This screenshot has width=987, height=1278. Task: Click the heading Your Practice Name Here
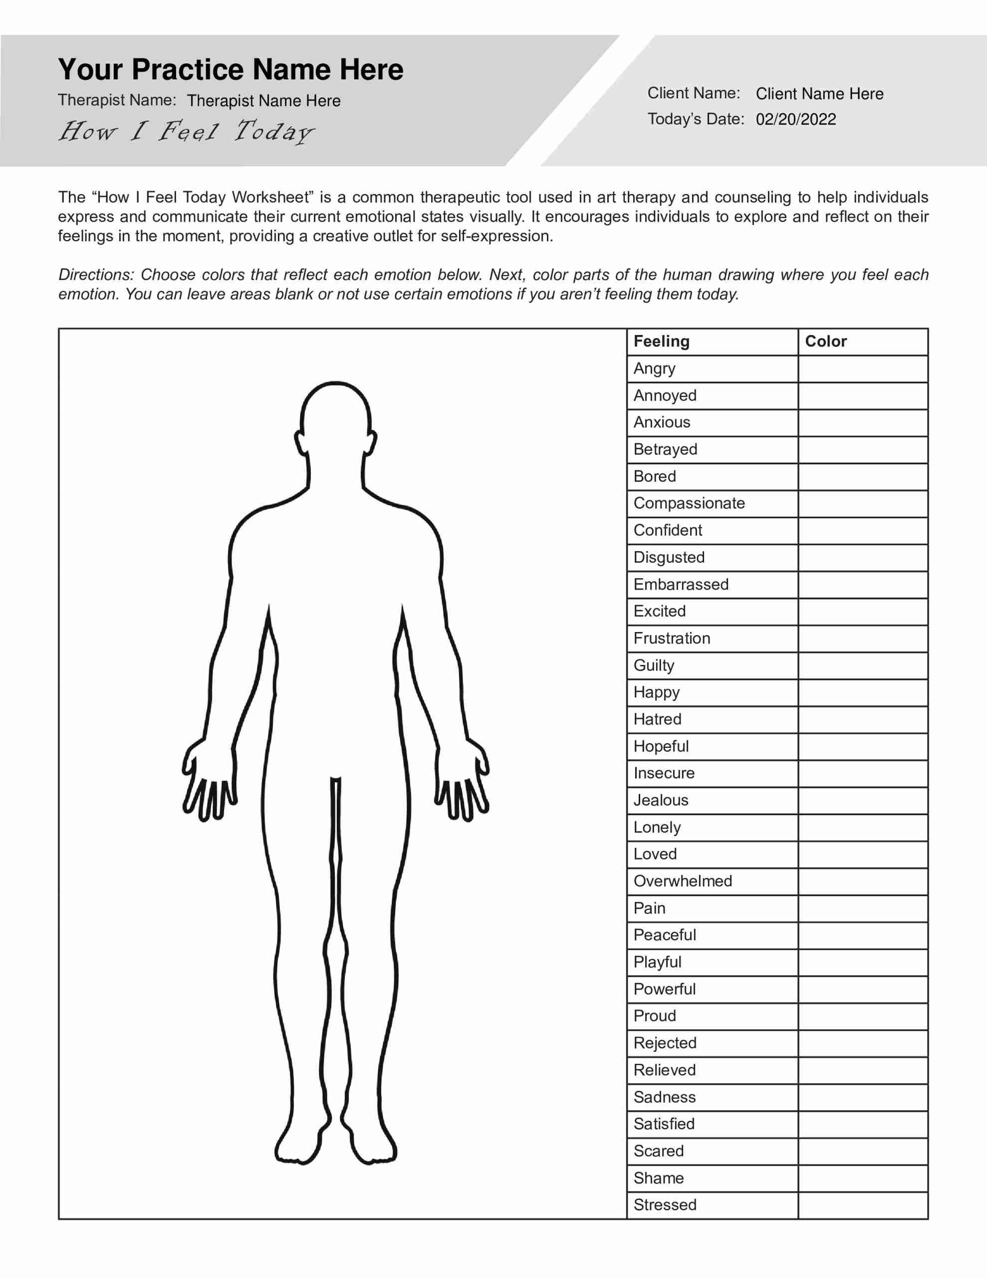[231, 69]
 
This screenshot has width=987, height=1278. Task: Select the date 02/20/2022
[796, 119]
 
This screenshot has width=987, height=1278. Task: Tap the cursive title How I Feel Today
[186, 132]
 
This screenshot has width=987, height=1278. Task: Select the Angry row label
[654, 368]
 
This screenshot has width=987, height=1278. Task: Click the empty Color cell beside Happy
[862, 692]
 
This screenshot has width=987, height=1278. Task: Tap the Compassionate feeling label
[689, 503]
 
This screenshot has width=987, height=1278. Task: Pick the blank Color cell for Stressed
[862, 1205]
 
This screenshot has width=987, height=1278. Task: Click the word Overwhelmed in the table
[682, 881]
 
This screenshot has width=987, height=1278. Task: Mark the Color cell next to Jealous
[862, 801]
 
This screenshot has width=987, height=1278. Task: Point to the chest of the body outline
[335, 556]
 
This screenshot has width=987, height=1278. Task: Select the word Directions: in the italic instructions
[96, 275]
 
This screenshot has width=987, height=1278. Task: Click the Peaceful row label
[665, 935]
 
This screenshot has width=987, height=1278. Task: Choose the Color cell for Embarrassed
[862, 585]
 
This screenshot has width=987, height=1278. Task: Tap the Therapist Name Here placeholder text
[263, 101]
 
